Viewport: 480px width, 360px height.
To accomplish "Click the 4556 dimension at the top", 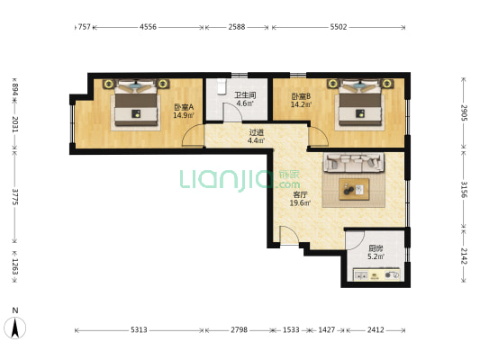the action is (149, 27).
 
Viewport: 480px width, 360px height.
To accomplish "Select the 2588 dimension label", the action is (237, 27).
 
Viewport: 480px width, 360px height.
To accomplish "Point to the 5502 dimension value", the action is (339, 27).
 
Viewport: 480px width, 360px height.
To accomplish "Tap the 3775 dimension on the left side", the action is (14, 197).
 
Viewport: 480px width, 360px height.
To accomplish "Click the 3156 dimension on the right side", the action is (465, 190).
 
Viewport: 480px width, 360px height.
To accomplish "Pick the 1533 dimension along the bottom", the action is (291, 329).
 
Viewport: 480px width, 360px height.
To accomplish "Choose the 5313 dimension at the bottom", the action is (139, 329).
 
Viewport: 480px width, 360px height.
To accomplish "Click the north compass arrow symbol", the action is (15, 328).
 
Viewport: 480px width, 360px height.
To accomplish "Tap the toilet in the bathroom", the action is (222, 86).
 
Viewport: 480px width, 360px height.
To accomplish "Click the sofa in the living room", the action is (354, 163).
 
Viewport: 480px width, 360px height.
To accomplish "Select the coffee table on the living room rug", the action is (354, 190).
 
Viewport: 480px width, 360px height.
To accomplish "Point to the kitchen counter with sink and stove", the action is (376, 274).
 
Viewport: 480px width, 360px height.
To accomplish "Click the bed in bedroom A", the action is (136, 103).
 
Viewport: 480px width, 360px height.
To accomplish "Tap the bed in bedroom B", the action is (360, 103).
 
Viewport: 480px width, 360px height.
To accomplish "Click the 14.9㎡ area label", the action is (184, 115).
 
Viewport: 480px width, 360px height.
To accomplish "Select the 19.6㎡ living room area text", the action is (300, 202).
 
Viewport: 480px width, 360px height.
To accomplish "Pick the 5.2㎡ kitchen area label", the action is (376, 256).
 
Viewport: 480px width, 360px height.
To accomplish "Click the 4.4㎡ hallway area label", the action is (257, 140).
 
